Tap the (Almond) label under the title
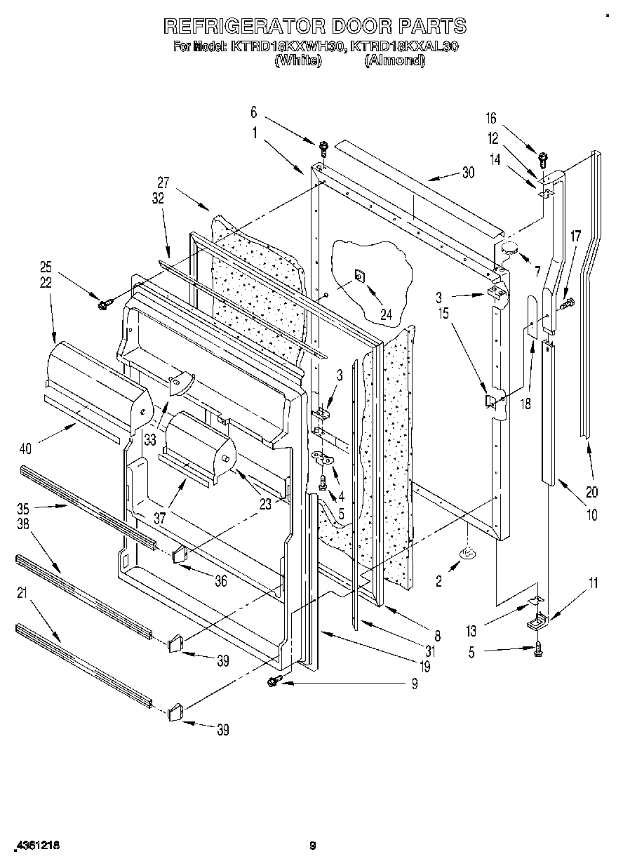[x=394, y=61]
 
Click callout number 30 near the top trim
[x=468, y=173]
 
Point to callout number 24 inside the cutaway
[x=385, y=295]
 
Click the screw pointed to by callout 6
[x=323, y=147]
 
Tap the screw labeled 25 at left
[x=106, y=304]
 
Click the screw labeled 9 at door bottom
[x=274, y=680]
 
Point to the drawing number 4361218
[x=36, y=846]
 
